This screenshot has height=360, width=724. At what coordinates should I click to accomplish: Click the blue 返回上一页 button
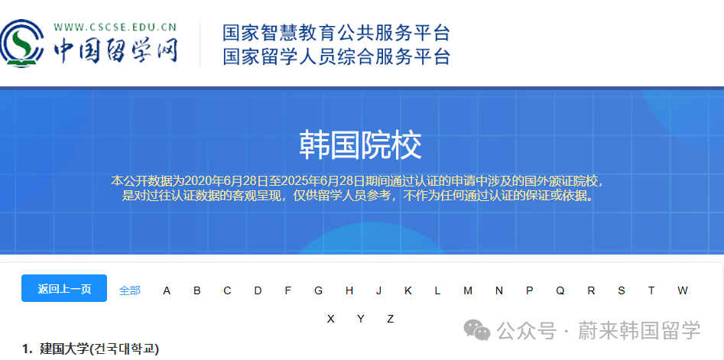[64, 288]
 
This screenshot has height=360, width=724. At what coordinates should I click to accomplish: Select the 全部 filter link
[130, 290]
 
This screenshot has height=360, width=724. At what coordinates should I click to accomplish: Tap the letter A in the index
[167, 290]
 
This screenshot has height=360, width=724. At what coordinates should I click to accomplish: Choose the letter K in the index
[408, 290]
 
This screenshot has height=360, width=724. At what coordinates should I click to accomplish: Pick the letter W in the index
[682, 290]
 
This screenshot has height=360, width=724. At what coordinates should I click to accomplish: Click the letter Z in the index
[390, 319]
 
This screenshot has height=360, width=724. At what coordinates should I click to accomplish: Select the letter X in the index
[330, 319]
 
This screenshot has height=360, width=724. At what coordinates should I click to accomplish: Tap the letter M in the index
[468, 290]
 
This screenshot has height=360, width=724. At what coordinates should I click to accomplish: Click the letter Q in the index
[560, 290]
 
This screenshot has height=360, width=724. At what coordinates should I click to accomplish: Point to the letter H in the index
[349, 290]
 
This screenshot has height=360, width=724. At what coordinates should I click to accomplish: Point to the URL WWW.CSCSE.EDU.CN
[115, 28]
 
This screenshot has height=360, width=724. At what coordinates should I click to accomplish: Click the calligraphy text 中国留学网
[115, 50]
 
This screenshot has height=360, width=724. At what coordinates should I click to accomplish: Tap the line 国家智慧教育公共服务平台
[336, 33]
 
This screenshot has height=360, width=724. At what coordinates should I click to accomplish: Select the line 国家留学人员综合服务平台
[336, 57]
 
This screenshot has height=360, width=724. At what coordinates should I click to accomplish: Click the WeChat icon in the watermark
[479, 331]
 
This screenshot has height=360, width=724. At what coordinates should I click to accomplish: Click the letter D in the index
[258, 290]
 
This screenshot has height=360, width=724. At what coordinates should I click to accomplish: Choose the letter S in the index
[622, 290]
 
